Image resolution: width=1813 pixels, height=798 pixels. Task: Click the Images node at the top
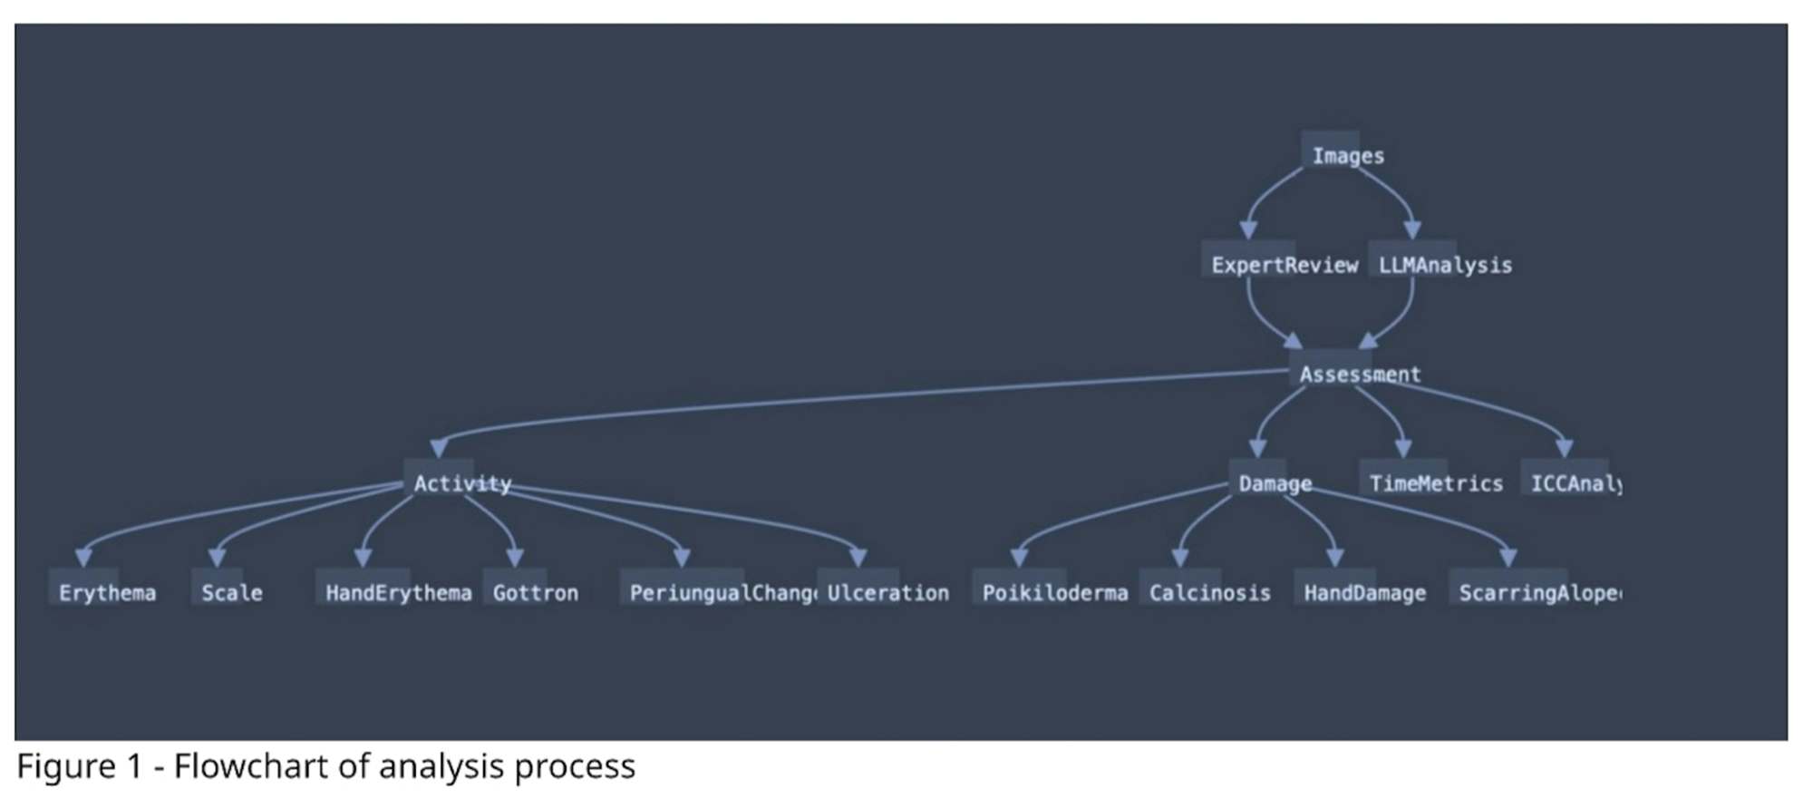pyautogui.click(x=1347, y=156)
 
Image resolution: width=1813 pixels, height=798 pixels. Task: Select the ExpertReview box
pyautogui.click(x=1284, y=265)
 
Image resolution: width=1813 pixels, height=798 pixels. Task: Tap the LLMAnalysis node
pyautogui.click(x=1444, y=265)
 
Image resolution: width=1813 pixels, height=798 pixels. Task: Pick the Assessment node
pyautogui.click(x=1359, y=374)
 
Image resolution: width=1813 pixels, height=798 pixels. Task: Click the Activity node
pyautogui.click(x=461, y=483)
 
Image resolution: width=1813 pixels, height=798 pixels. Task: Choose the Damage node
pyautogui.click(x=1274, y=483)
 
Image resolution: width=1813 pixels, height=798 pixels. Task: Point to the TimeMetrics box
pyautogui.click(x=1435, y=483)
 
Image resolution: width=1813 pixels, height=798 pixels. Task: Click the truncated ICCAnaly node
pyautogui.click(x=1575, y=483)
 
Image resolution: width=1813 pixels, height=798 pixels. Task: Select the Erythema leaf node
pyautogui.click(x=106, y=593)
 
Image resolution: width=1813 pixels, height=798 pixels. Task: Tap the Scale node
pyautogui.click(x=231, y=593)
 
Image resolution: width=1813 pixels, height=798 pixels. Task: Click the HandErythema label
pyautogui.click(x=397, y=593)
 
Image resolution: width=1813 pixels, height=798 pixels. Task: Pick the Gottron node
pyautogui.click(x=535, y=593)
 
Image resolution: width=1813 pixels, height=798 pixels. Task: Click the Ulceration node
pyautogui.click(x=887, y=593)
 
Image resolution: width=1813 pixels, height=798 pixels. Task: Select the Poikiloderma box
pyautogui.click(x=1054, y=593)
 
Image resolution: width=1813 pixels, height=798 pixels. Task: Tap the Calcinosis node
pyautogui.click(x=1208, y=593)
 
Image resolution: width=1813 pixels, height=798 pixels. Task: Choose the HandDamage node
pyautogui.click(x=1363, y=593)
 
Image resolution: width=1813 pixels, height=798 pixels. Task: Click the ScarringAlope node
pyautogui.click(x=1538, y=593)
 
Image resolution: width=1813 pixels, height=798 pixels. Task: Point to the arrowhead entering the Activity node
pyautogui.click(x=439, y=448)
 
